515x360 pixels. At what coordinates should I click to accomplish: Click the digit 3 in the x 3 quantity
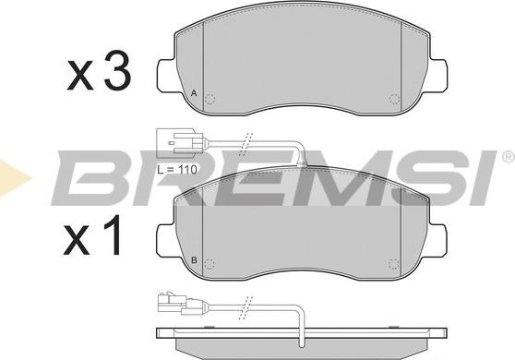pyautogui.click(x=117, y=70)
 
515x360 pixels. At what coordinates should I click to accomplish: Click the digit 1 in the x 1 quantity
pyautogui.click(x=113, y=235)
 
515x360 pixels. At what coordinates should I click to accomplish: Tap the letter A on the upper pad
pyautogui.click(x=194, y=93)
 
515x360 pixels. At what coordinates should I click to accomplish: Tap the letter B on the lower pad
pyautogui.click(x=194, y=260)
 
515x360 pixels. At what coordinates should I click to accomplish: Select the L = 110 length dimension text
pyautogui.click(x=177, y=170)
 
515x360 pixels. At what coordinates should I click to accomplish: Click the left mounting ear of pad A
pyautogui.click(x=166, y=75)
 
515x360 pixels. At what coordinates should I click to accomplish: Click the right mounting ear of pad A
pyautogui.click(x=438, y=75)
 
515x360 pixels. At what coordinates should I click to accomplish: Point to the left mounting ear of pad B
pyautogui.click(x=165, y=241)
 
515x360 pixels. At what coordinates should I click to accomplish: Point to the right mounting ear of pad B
pyautogui.click(x=437, y=241)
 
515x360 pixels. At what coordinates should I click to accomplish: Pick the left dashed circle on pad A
pyautogui.click(x=210, y=99)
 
